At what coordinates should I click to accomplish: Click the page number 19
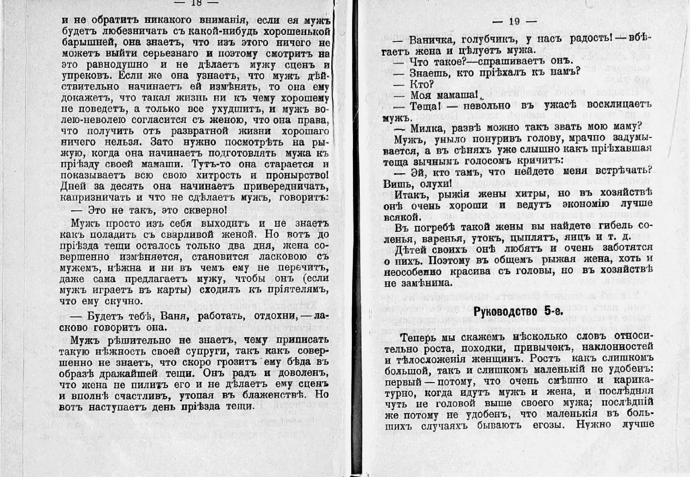(x=514, y=21)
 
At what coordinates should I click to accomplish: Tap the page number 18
(x=196, y=2)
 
